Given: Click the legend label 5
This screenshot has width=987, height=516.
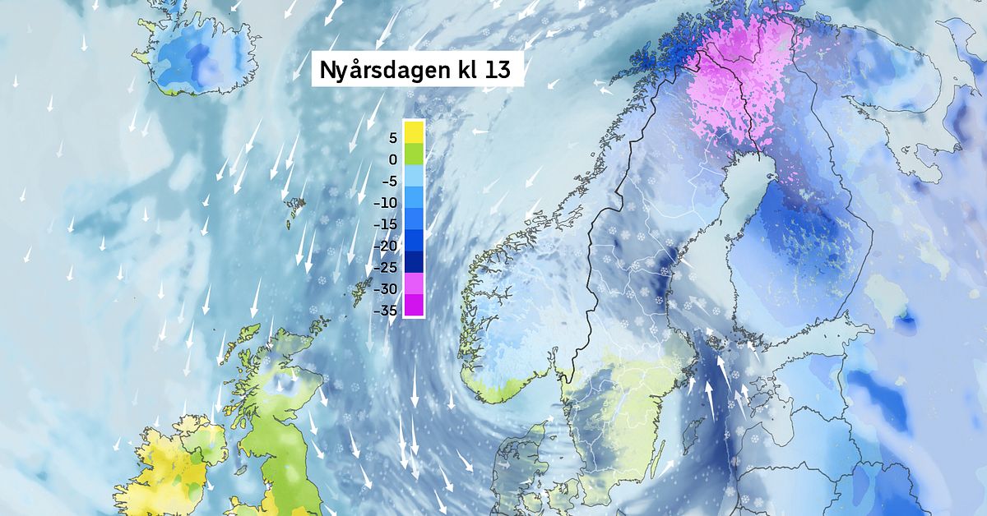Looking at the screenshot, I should (392, 138).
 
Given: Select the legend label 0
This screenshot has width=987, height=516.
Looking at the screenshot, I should (392, 159).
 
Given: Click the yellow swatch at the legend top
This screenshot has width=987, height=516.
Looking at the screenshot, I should (413, 132).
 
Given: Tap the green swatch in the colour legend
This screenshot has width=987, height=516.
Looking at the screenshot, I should (413, 154).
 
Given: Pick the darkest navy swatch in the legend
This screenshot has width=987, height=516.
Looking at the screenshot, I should (413, 261).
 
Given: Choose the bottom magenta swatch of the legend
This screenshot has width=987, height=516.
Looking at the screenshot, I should (413, 305).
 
